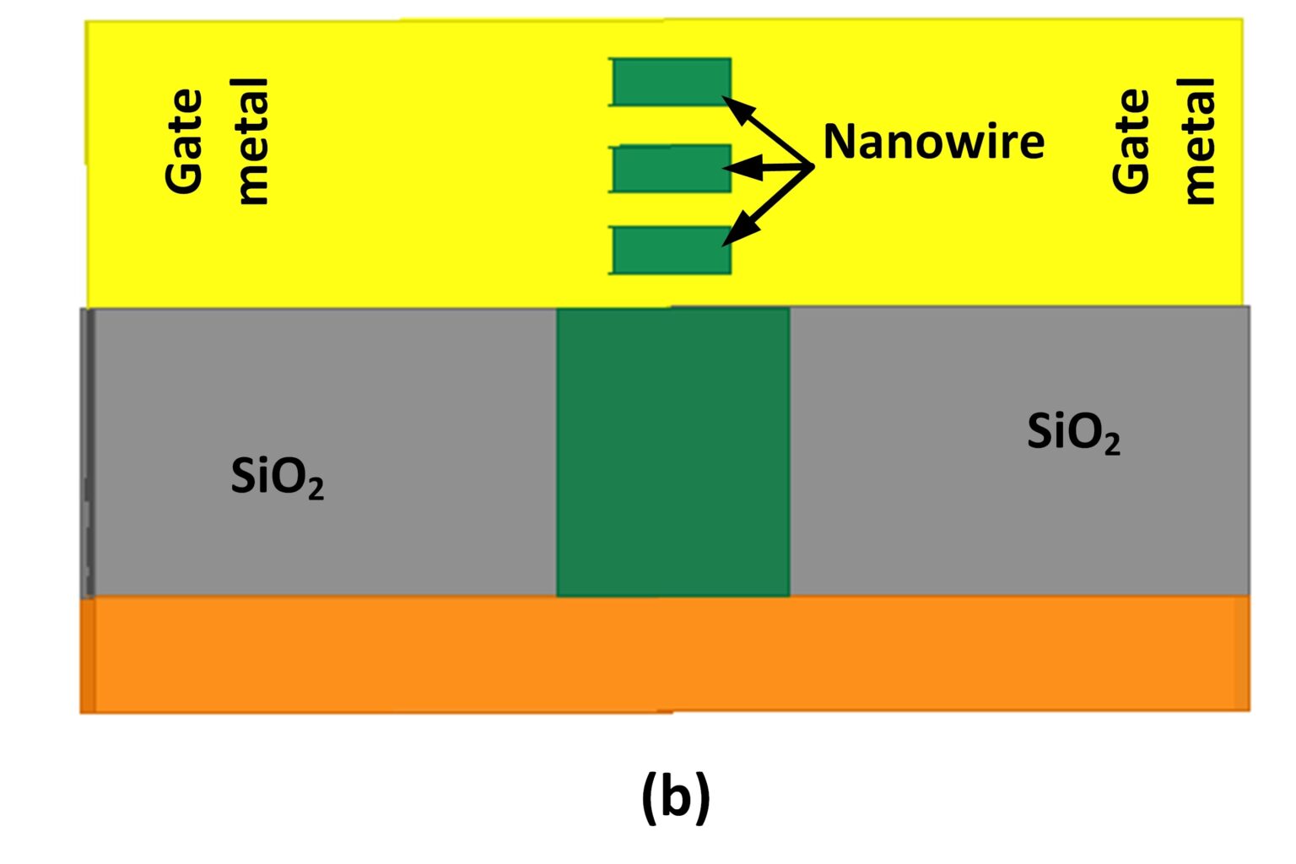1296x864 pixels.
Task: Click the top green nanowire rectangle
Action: tap(671, 82)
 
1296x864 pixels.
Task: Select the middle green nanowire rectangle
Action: tap(671, 168)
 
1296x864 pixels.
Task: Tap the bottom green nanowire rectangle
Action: tap(671, 250)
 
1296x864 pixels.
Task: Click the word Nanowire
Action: tap(933, 142)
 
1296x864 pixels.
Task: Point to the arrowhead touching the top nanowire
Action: tap(735, 107)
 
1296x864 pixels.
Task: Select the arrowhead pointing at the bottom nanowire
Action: tap(737, 234)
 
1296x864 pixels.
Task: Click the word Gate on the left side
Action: tap(185, 142)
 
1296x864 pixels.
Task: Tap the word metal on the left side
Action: tap(251, 142)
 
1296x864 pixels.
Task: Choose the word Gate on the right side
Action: tap(1131, 142)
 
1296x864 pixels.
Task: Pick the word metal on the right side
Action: tap(1198, 142)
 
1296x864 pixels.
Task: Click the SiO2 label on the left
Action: tap(277, 478)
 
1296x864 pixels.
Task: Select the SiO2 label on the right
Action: tap(1073, 433)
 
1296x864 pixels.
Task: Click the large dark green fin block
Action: tap(672, 452)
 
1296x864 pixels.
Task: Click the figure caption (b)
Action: tap(676, 798)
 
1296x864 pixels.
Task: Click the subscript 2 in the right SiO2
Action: tap(1111, 445)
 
